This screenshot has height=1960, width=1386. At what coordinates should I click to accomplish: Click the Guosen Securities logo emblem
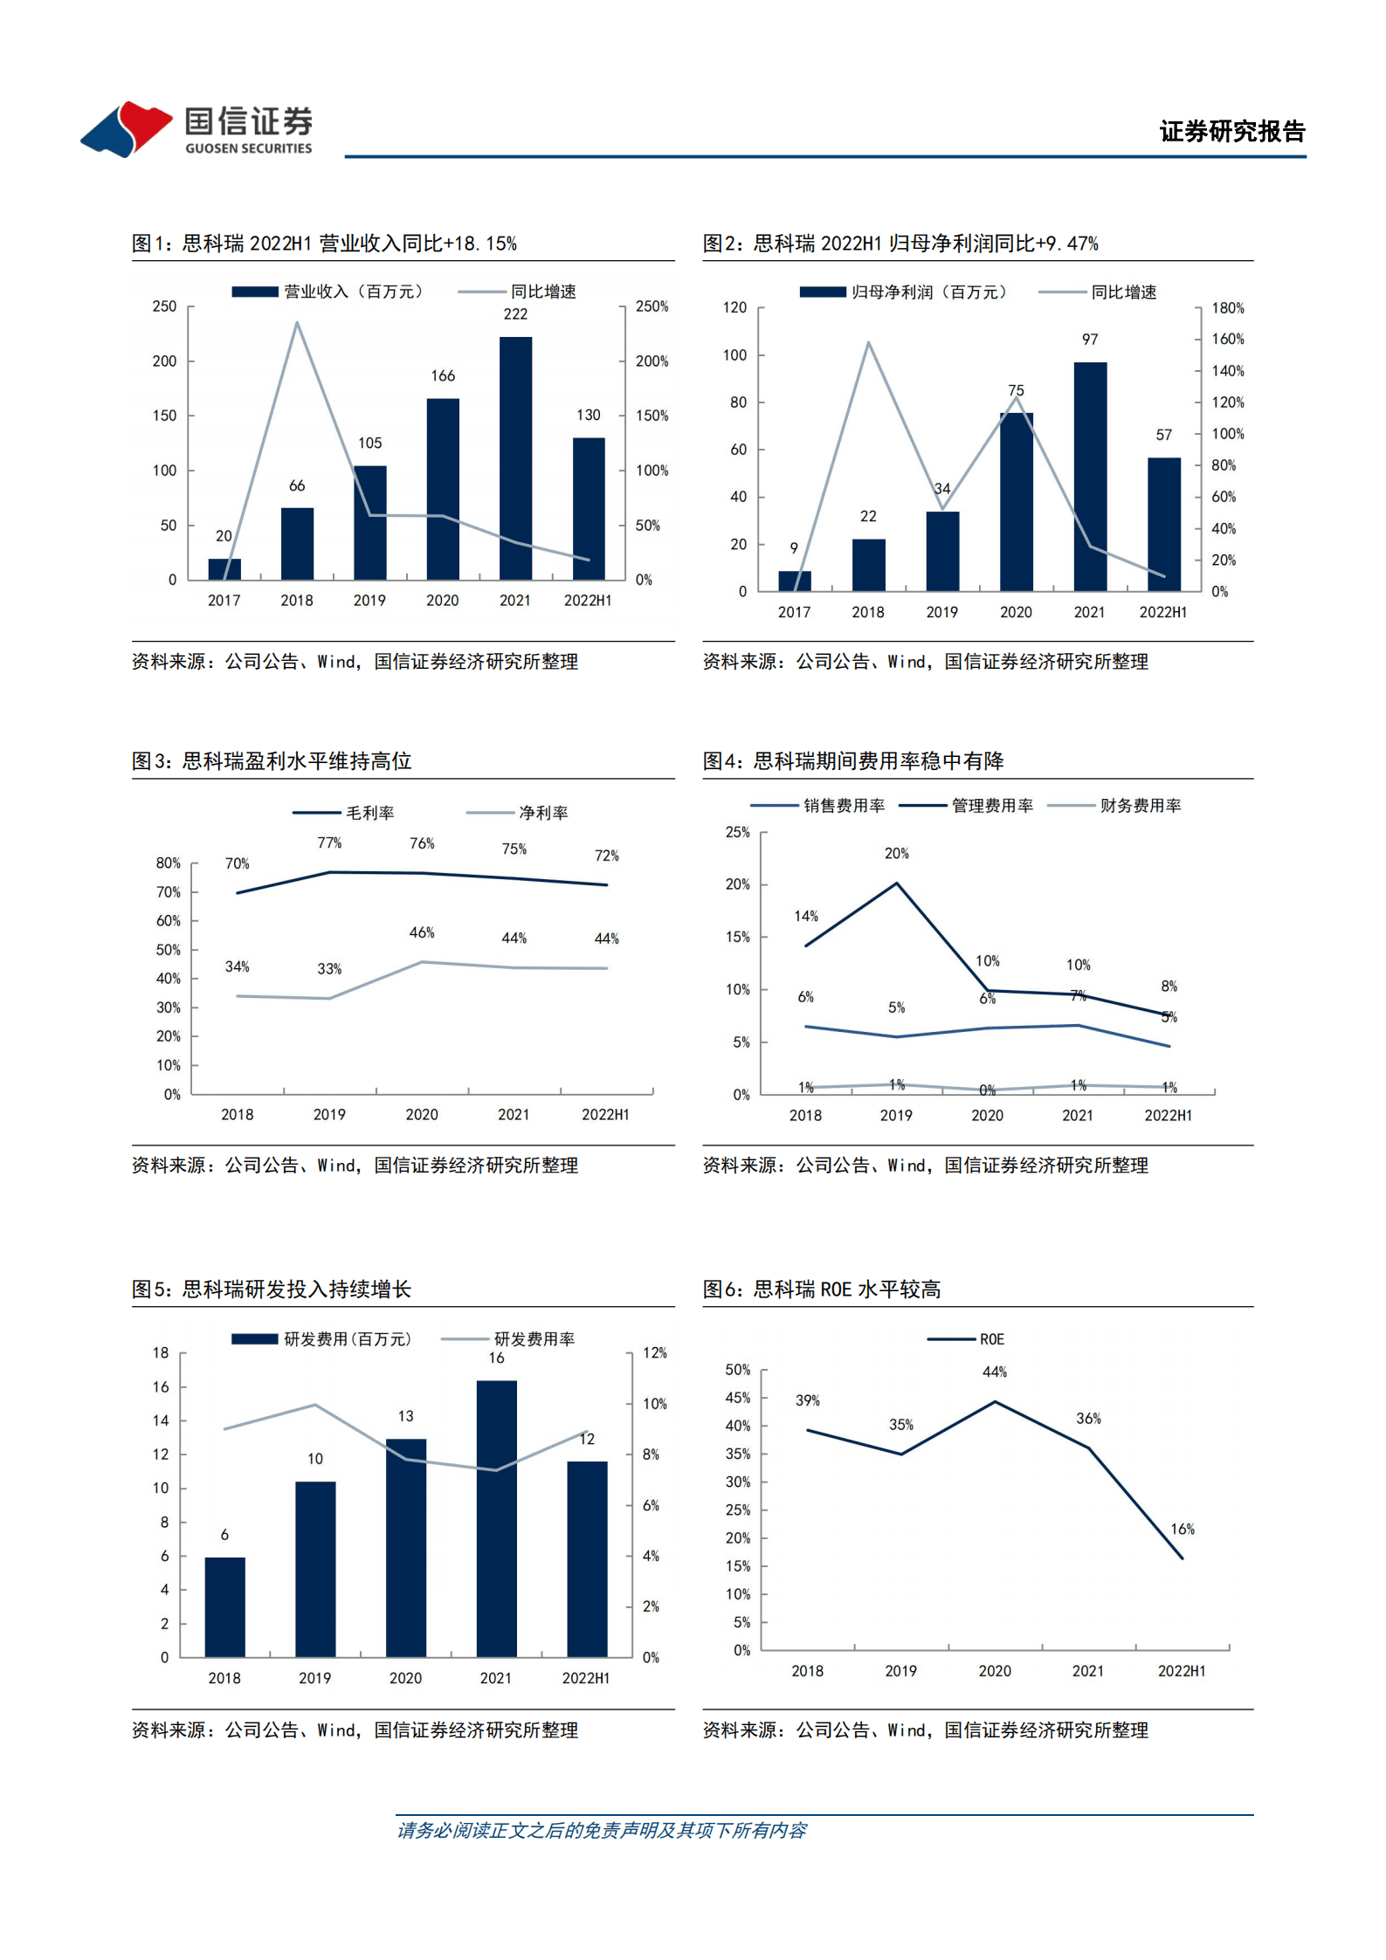[x=128, y=128]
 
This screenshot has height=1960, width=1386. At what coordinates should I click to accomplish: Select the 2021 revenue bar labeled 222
[x=515, y=457]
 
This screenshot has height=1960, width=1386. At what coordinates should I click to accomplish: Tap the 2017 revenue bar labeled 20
[x=224, y=569]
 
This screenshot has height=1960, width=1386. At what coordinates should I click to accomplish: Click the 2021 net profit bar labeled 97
[x=1089, y=476]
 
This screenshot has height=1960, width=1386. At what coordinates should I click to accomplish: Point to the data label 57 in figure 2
[x=1163, y=435]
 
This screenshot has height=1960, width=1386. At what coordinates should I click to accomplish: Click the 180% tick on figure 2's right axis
[x=1227, y=308]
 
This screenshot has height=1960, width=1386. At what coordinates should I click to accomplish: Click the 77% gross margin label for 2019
[x=329, y=842]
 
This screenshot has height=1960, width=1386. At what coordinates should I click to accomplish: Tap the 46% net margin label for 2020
[x=422, y=932]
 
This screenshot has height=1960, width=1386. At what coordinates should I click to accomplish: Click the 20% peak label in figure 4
[x=896, y=853]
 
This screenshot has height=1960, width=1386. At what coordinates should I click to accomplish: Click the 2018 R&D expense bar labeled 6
[x=224, y=1606]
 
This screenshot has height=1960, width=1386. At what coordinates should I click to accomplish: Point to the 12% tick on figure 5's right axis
[x=654, y=1352]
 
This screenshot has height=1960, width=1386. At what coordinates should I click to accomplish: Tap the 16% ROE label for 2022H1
[x=1182, y=1529]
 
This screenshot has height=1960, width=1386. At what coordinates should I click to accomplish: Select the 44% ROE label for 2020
[x=994, y=1372]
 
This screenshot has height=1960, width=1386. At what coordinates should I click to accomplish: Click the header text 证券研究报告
[x=1231, y=131]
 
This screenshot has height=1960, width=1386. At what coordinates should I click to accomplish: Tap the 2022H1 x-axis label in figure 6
[x=1181, y=1670]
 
